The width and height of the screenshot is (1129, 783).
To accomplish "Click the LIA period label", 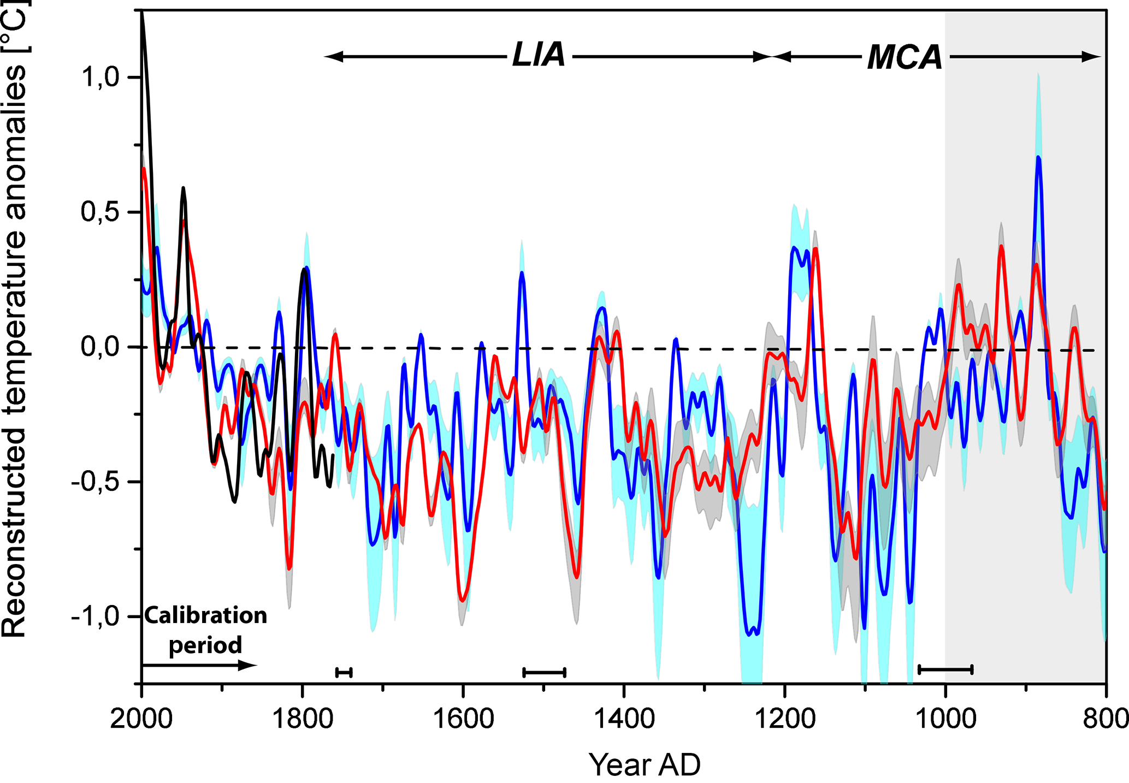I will (x=539, y=56).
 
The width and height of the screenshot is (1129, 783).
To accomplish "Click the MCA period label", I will (x=905, y=57).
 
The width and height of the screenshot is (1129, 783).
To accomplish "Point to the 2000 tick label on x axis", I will (x=141, y=719).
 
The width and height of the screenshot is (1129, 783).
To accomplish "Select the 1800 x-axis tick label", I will (x=302, y=719).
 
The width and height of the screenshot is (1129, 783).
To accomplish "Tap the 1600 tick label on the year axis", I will (x=463, y=719).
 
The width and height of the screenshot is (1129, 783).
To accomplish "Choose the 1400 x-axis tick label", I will (x=624, y=719).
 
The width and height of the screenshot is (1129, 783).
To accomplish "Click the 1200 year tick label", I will (x=785, y=719).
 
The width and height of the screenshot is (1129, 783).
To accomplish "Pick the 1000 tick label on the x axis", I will (x=945, y=719).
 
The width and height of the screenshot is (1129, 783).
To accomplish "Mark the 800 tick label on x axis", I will (x=1106, y=719).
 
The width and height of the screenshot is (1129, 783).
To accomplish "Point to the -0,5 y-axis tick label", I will (x=95, y=482).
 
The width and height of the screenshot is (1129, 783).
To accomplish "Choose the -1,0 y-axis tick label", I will (x=95, y=616).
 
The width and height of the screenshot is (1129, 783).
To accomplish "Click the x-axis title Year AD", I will (x=645, y=764).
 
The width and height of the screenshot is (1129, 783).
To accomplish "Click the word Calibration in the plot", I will (x=206, y=616).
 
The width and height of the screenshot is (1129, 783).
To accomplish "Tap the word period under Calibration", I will (x=205, y=645).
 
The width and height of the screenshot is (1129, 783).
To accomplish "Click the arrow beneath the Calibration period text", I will (x=199, y=665).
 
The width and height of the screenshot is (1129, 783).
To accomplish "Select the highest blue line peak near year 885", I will (x=1038, y=158).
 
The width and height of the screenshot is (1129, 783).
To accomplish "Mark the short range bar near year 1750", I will (x=344, y=672).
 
